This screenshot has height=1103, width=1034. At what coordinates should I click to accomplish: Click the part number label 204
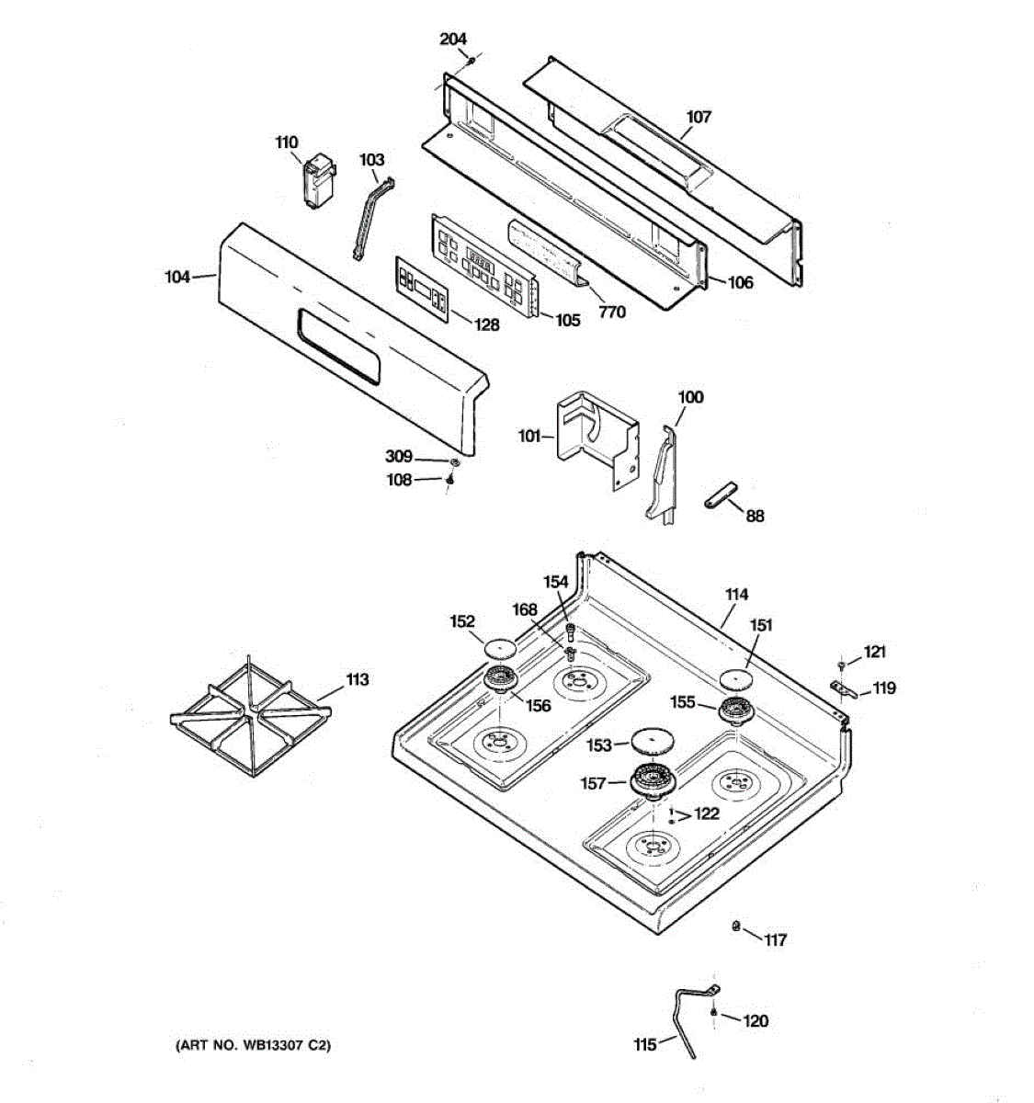click(x=453, y=39)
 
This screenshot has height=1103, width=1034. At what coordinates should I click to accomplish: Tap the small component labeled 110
click(x=318, y=181)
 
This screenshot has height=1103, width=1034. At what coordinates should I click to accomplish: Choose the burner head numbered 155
click(x=735, y=710)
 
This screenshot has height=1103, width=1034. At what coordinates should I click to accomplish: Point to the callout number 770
click(x=611, y=312)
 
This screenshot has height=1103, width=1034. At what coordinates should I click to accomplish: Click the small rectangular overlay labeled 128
click(x=422, y=289)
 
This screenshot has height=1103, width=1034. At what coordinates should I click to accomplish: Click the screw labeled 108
click(x=450, y=479)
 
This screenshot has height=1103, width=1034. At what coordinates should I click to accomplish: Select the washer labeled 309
click(x=454, y=459)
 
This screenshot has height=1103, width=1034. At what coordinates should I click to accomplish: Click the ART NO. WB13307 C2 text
click(x=252, y=1045)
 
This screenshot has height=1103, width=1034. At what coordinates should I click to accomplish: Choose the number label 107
click(x=699, y=117)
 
